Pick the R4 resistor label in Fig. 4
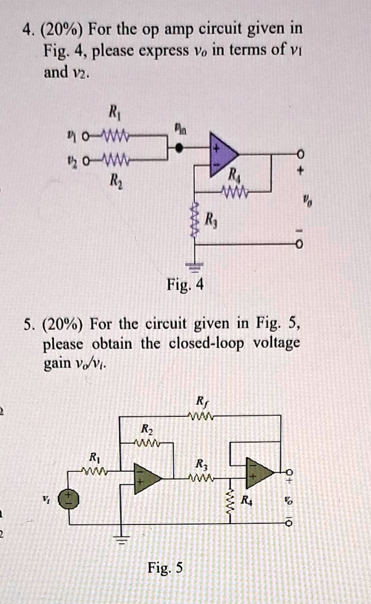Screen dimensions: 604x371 click(x=234, y=175)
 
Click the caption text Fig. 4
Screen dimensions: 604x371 click(x=184, y=286)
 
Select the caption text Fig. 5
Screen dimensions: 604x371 click(x=165, y=568)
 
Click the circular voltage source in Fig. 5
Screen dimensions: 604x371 click(x=71, y=498)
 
